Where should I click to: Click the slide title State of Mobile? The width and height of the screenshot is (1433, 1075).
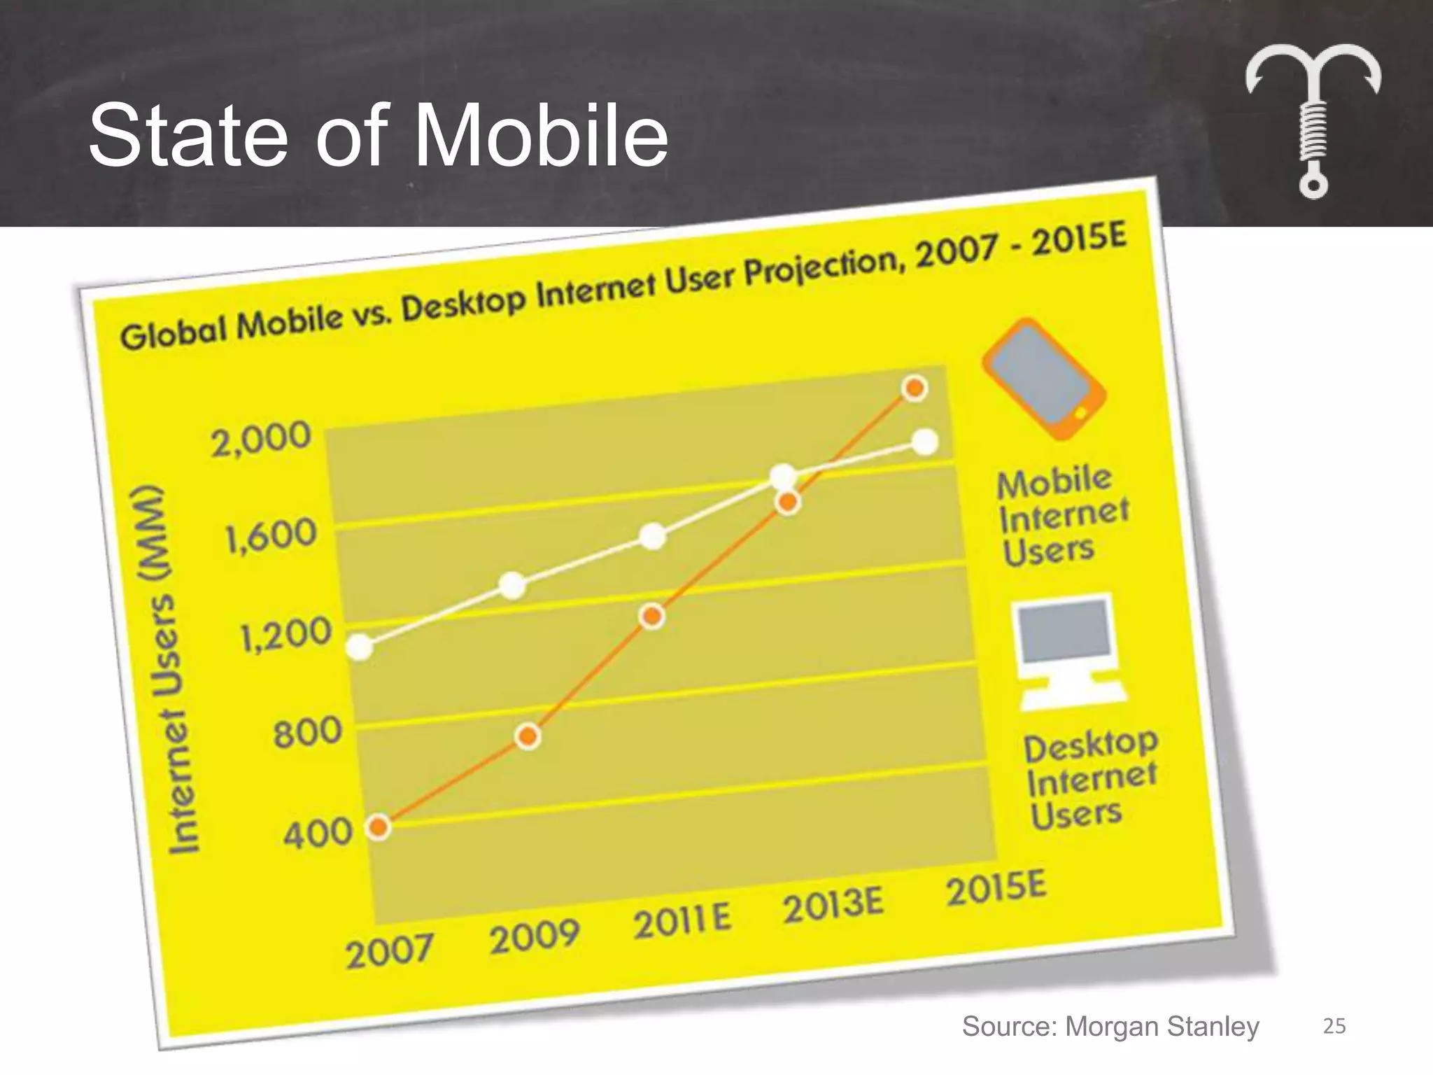378,134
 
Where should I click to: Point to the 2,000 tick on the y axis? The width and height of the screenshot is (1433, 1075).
261,438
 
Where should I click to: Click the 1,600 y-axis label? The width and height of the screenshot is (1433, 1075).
271,537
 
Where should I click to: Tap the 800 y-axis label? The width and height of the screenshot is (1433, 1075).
307,733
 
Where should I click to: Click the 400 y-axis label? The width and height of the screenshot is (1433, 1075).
317,833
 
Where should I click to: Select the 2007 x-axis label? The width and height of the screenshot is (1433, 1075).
389,950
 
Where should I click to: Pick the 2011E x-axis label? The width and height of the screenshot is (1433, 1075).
682,920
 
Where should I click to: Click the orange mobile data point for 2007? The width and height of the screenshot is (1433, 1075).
379,827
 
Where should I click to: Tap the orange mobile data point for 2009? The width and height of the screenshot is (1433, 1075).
528,736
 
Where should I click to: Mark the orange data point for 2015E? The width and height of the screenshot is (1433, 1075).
915,388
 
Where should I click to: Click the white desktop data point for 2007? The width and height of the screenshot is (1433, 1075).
360,647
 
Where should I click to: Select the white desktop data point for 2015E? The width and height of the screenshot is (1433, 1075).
925,442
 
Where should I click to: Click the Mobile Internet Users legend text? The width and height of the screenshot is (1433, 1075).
1060,517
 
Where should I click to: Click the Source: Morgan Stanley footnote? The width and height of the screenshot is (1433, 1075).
1110,1026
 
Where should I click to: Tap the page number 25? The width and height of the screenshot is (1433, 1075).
1334,1026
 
